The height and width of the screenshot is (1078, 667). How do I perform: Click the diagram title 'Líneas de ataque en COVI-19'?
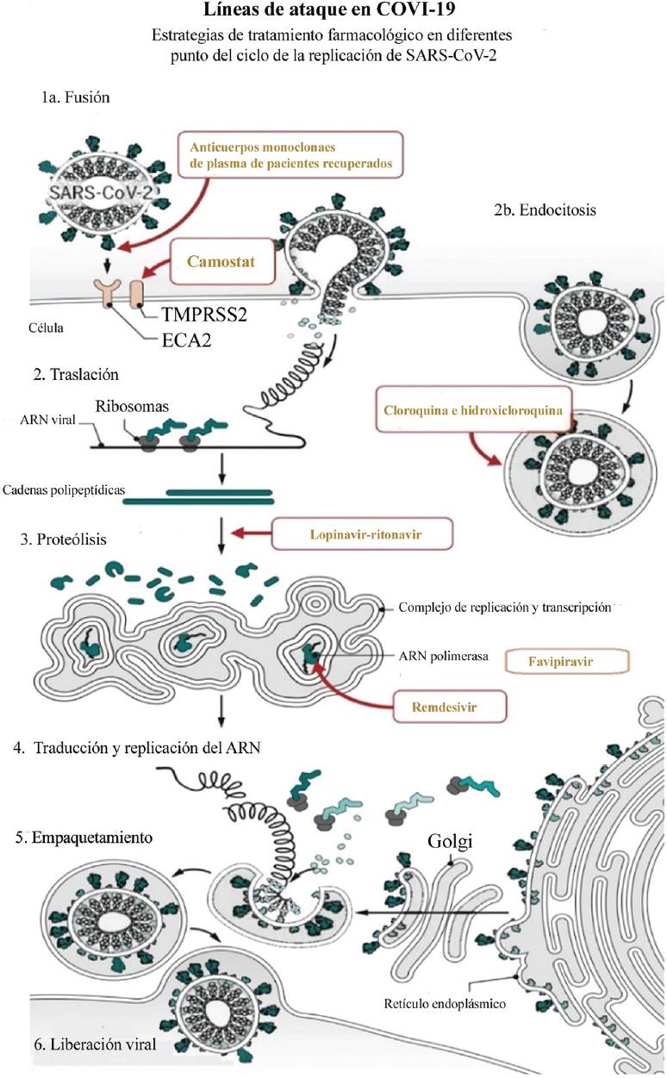pos(333,13)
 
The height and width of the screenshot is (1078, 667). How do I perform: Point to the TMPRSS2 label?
pos(204,315)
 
